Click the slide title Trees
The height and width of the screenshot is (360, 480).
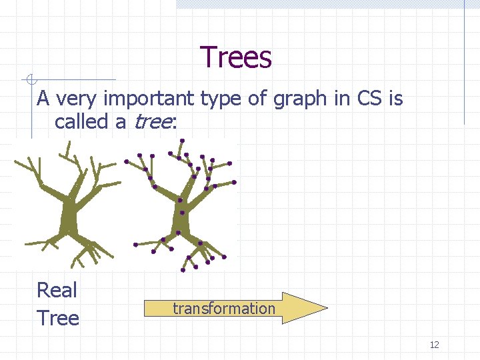236,57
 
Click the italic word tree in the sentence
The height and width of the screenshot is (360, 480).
153,122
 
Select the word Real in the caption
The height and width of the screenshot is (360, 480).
57,290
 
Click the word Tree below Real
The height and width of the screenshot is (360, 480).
58,318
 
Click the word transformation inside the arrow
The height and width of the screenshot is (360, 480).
223,308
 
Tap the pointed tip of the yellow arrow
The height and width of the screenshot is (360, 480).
326,308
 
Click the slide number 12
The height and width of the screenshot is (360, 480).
434,345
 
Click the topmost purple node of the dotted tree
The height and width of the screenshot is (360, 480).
182,140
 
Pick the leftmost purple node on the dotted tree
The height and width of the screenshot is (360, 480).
125,162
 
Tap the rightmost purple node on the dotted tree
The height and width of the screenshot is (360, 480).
234,181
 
